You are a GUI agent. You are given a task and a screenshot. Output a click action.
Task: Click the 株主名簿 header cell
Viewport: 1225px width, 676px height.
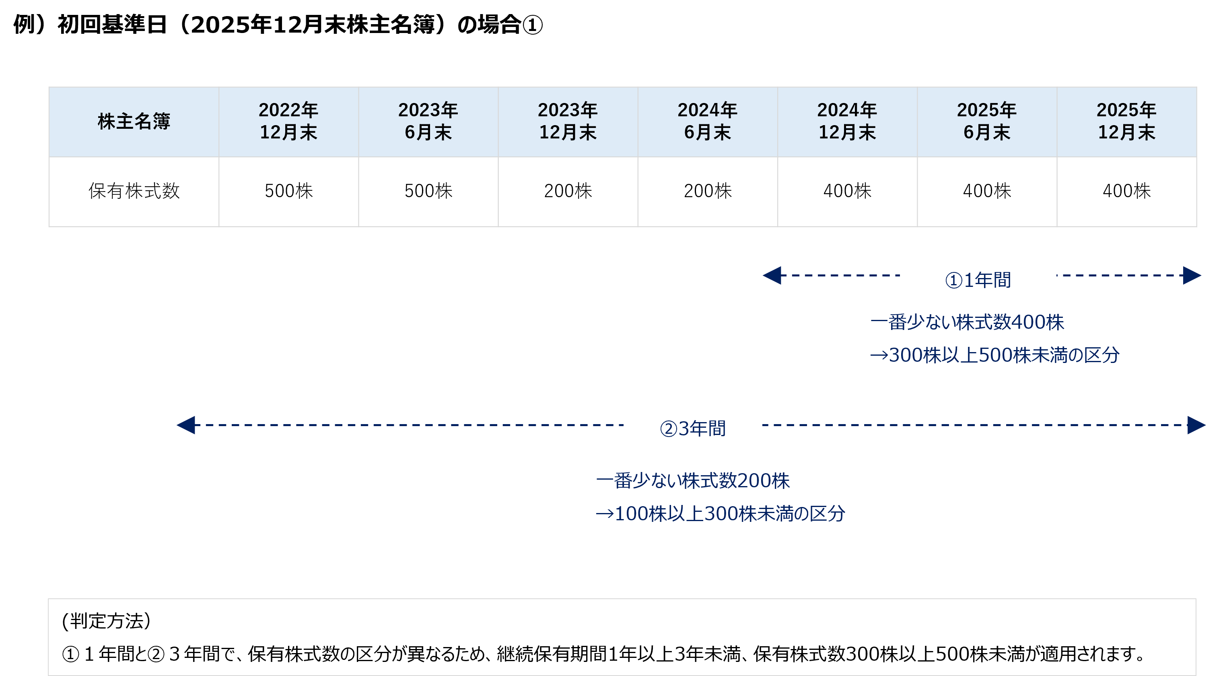[x=134, y=122]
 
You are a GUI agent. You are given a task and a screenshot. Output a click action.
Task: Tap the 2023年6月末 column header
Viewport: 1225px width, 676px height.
[x=428, y=122]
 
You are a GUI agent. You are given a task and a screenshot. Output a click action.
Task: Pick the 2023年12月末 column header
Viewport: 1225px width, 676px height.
[x=568, y=122]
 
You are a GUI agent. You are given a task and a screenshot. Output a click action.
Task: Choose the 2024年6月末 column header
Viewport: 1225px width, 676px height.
[x=708, y=122]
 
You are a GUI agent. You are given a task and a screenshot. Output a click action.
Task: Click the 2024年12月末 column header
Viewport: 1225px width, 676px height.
[x=847, y=122]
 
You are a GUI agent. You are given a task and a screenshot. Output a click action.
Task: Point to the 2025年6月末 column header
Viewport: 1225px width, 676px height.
[x=987, y=122]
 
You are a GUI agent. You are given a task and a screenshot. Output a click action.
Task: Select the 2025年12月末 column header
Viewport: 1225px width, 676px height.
[x=1126, y=122]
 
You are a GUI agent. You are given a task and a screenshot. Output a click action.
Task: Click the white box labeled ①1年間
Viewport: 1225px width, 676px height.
[x=978, y=279]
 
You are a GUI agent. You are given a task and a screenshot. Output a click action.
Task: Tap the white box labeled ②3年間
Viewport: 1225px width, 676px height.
[x=692, y=428]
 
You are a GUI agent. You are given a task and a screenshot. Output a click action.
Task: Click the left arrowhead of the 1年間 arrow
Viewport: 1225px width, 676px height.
[x=772, y=276]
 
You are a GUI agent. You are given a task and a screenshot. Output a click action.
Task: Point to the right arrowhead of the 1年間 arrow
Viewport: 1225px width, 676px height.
[x=1192, y=276]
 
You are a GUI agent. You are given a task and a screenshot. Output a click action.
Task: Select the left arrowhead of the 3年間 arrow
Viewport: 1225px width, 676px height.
[x=186, y=425]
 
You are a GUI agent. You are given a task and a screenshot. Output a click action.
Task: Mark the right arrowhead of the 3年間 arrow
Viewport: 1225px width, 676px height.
[x=1196, y=425]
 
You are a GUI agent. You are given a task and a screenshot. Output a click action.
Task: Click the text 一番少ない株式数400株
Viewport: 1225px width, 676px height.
[x=967, y=322]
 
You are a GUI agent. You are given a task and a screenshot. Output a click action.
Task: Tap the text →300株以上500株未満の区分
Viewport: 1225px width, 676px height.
[x=995, y=355]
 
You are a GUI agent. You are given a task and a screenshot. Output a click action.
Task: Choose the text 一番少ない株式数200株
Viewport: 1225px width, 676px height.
[x=693, y=480]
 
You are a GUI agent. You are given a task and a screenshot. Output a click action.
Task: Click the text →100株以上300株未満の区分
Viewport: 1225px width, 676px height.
[x=721, y=513]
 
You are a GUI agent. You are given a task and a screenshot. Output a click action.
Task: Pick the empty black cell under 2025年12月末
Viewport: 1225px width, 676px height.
[x=1126, y=192]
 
